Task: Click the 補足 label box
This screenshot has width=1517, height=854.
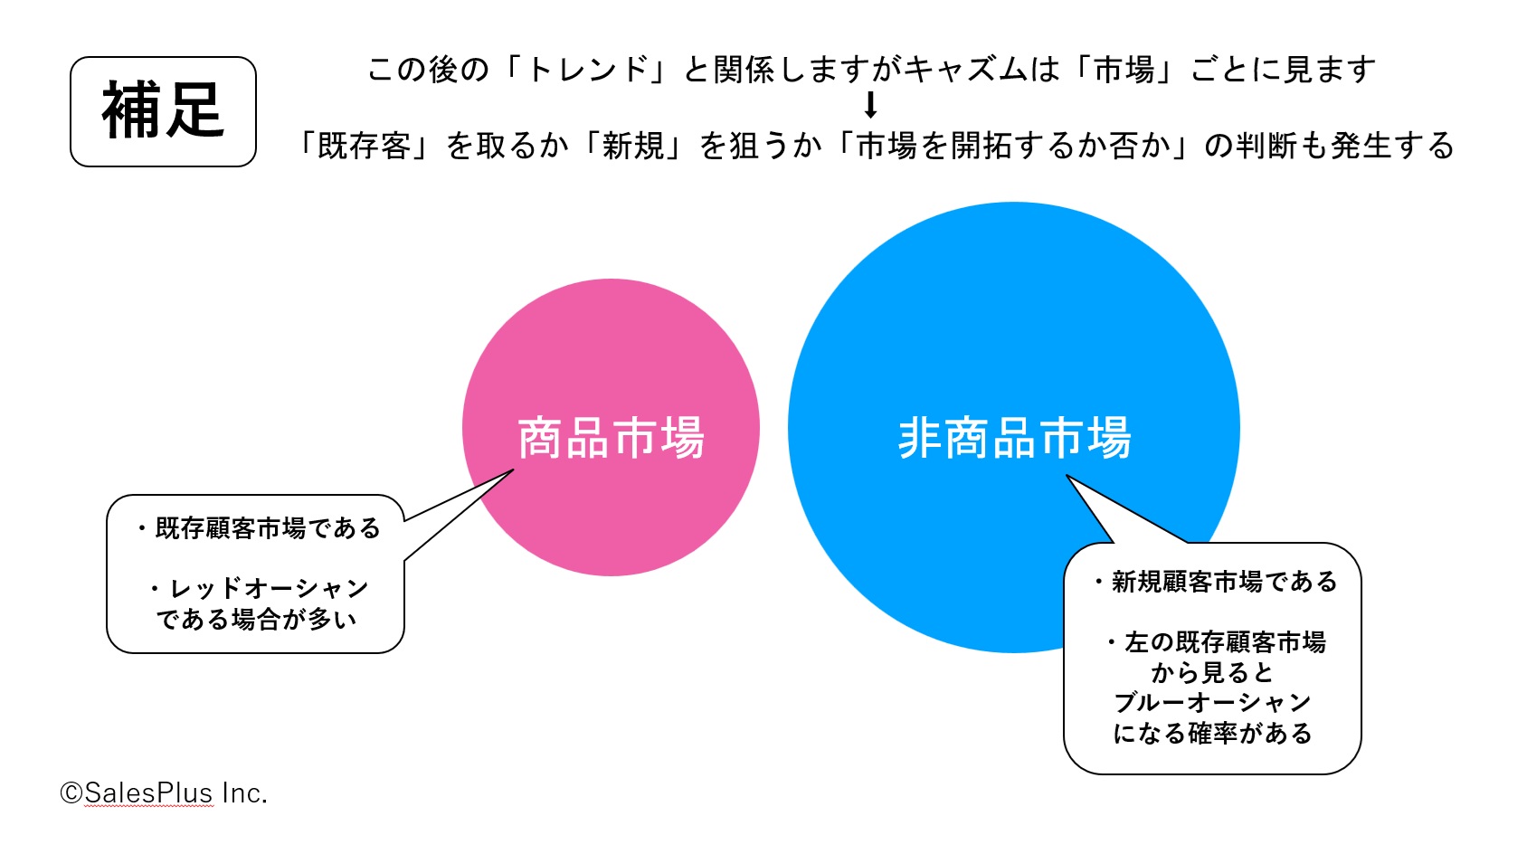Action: pyautogui.click(x=163, y=112)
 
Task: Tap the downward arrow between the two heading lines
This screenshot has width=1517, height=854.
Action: pyautogui.click(x=871, y=105)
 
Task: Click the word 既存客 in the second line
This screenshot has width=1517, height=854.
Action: pyautogui.click(x=365, y=146)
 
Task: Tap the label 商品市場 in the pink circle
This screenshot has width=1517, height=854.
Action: pyautogui.click(x=611, y=438)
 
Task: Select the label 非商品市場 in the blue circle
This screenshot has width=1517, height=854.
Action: pyautogui.click(x=1014, y=438)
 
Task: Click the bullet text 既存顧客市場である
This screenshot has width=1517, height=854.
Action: pyautogui.click(x=268, y=528)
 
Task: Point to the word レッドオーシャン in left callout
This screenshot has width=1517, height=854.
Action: pyautogui.click(x=268, y=588)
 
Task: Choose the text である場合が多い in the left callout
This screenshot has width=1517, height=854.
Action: pyautogui.click(x=256, y=618)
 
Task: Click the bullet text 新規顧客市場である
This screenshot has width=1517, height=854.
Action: pyautogui.click(x=1225, y=582)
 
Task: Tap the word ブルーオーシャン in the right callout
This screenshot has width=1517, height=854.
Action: pyautogui.click(x=1212, y=702)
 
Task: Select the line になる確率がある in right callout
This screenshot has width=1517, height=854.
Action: pyautogui.click(x=1212, y=733)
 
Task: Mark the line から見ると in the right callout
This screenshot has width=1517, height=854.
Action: pyautogui.click(x=1212, y=672)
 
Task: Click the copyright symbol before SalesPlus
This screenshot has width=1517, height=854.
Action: pyautogui.click(x=71, y=793)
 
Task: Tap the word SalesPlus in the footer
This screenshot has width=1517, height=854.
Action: pyautogui.click(x=149, y=793)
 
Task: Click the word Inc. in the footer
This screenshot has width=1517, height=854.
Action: pyautogui.click(x=245, y=793)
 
